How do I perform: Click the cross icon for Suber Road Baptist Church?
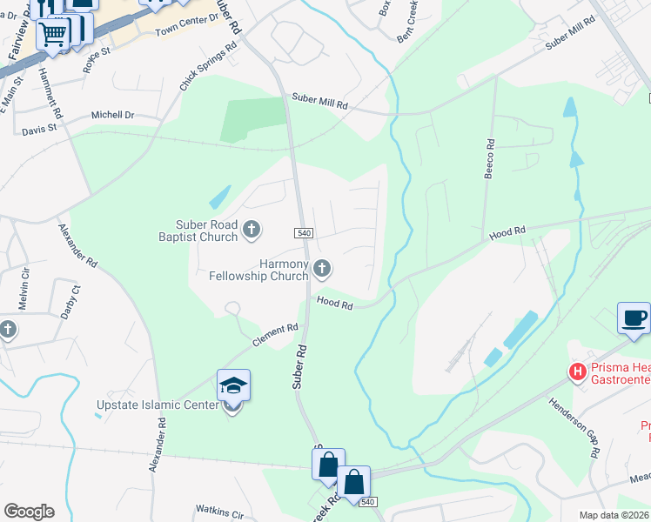coord(252,230)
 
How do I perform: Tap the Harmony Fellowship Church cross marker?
coord(322,270)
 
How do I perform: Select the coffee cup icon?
coord(633,318)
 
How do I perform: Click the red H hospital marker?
coord(576,372)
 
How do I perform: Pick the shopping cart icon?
coord(54,34)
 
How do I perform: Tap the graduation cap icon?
coord(233,385)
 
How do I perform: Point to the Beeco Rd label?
coord(490,159)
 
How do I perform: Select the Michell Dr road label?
coord(113,115)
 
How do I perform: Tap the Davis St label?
coord(38,128)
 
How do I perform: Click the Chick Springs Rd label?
coord(207,70)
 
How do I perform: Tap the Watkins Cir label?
coord(219,513)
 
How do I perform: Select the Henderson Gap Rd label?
coord(574,428)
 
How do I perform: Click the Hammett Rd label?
coord(50,94)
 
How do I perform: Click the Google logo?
coord(29,512)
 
